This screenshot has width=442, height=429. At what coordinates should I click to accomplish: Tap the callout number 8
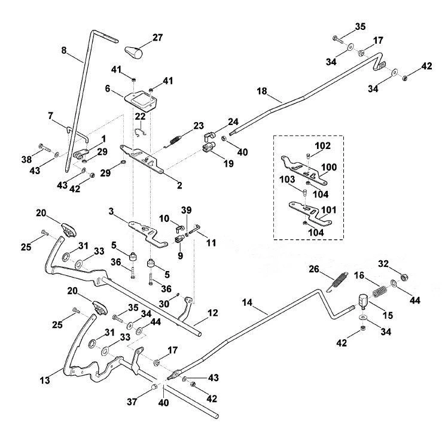pos(64,50)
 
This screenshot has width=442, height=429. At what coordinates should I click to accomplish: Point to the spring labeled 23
pos(174,140)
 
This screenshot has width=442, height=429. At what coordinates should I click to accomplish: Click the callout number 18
pos(262,91)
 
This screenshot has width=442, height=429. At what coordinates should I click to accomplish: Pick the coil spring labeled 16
pos(380,291)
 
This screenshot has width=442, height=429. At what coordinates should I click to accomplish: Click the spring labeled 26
pos(337,281)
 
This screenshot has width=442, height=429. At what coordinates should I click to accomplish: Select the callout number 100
pos(329,168)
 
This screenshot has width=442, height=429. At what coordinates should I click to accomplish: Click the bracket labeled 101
pos(310,213)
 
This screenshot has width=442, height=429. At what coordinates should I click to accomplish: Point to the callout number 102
pos(322,145)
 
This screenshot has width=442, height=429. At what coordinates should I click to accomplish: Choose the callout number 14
pos(247,303)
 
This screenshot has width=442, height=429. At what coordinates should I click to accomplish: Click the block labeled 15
pos(363,302)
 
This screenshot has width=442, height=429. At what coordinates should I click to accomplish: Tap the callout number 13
pos(45,380)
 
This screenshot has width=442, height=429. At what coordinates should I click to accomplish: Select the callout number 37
pos(132,401)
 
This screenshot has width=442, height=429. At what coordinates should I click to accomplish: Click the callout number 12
pos(212,313)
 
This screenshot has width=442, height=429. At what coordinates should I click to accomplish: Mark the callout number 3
pos(111,211)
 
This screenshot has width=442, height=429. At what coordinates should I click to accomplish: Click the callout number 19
pos(228,163)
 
